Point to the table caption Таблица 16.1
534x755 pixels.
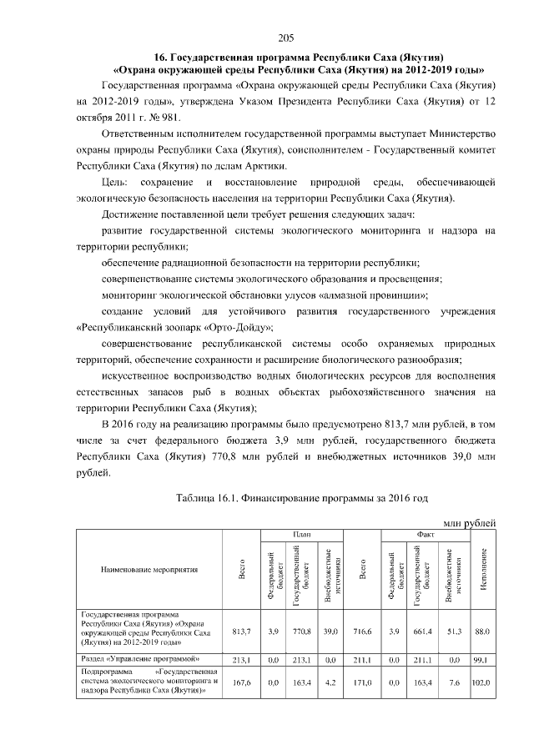(x=208, y=498)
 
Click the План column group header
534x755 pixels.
(x=301, y=534)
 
